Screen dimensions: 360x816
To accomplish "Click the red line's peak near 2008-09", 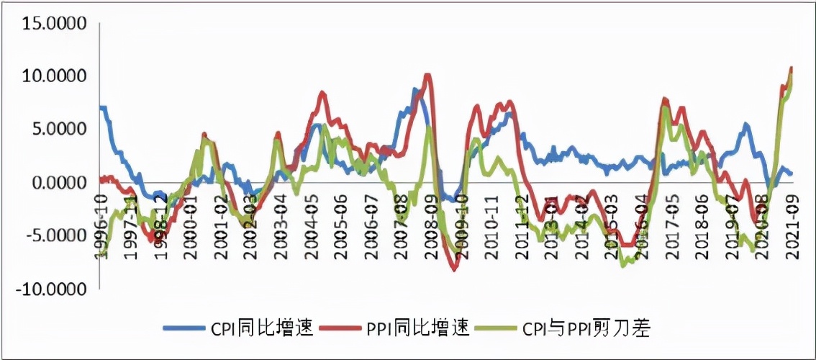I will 427,74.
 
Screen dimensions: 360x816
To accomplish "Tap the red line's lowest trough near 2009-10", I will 455,270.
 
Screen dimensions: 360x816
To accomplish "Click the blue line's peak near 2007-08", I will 414,89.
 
